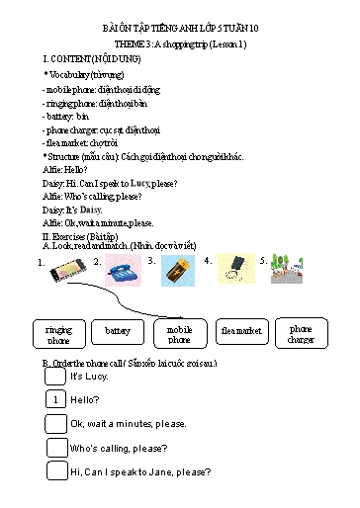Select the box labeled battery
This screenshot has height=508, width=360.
coord(118,331)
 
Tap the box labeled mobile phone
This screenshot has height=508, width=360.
coord(179,334)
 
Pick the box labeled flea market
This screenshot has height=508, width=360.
coord(240,331)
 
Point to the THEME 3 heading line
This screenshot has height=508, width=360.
coord(179,45)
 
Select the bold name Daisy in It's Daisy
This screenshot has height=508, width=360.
coord(91,211)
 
